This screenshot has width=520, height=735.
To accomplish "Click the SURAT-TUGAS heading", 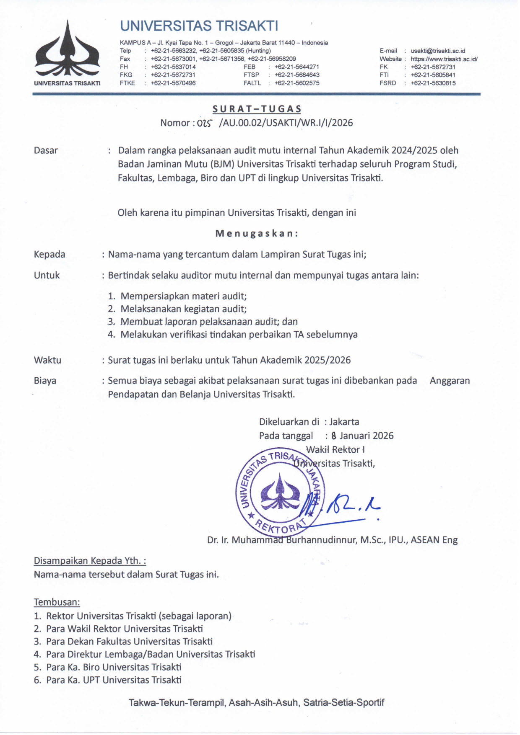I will pos(257,109).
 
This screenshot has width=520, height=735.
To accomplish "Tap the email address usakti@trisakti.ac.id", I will pos(438,51).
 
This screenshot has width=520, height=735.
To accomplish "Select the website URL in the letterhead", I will pos(444,59).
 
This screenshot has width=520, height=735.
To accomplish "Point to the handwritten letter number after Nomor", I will pos(205,123).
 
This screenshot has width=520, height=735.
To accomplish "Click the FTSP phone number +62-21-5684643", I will pos(297,75).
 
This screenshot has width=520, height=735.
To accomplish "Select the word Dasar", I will pos(46,150).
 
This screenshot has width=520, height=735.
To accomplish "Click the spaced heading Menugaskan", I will pos(257,233).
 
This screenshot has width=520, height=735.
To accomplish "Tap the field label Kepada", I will pos(49,254).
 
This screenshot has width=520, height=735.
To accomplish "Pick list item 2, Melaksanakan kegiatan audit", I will pos(183,309).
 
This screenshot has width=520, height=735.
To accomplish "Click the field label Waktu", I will pos(47,360).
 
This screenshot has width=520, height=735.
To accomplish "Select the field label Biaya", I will pos(45,381).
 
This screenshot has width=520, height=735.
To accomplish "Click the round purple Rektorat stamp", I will pos(279,492).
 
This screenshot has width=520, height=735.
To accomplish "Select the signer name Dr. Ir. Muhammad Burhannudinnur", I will pos(332,540).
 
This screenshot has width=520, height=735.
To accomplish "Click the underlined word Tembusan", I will pos(57,602).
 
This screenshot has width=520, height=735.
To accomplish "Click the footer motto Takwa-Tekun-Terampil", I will pos(256,702).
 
